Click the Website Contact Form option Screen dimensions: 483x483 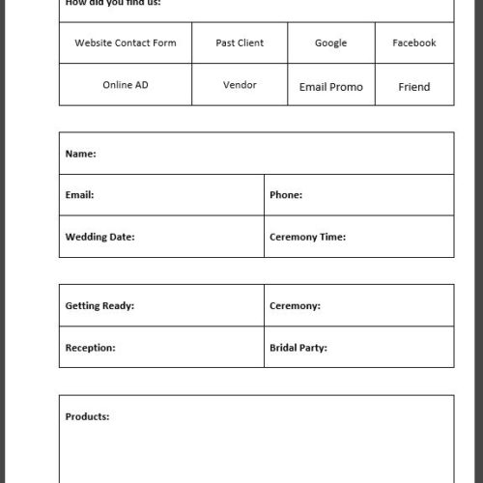pyautogui.click(x=126, y=43)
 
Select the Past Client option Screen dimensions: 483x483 pyautogui.click(x=240, y=43)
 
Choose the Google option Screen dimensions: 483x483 pyautogui.click(x=330, y=43)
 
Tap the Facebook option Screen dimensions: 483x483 pyautogui.click(x=413, y=43)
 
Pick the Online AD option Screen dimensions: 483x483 pyautogui.click(x=126, y=85)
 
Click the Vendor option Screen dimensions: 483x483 pyautogui.click(x=240, y=85)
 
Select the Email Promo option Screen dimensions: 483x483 pyautogui.click(x=330, y=87)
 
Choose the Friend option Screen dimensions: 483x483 pyautogui.click(x=413, y=87)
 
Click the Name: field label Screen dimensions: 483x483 pyautogui.click(x=81, y=154)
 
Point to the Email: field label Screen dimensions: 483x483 pyautogui.click(x=79, y=195)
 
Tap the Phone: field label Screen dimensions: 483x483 pyautogui.click(x=286, y=195)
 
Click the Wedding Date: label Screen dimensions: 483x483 pyautogui.click(x=99, y=237)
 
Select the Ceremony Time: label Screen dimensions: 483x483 pyautogui.click(x=307, y=237)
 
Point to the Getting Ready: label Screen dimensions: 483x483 pyautogui.click(x=99, y=306)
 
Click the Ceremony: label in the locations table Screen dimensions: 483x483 pyautogui.click(x=295, y=306)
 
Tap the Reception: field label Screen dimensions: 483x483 pyautogui.click(x=90, y=348)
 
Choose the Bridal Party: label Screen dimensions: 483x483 pyautogui.click(x=298, y=348)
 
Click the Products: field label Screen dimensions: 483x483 pyautogui.click(x=87, y=417)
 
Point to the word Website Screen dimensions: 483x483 pyautogui.click(x=93, y=43)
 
